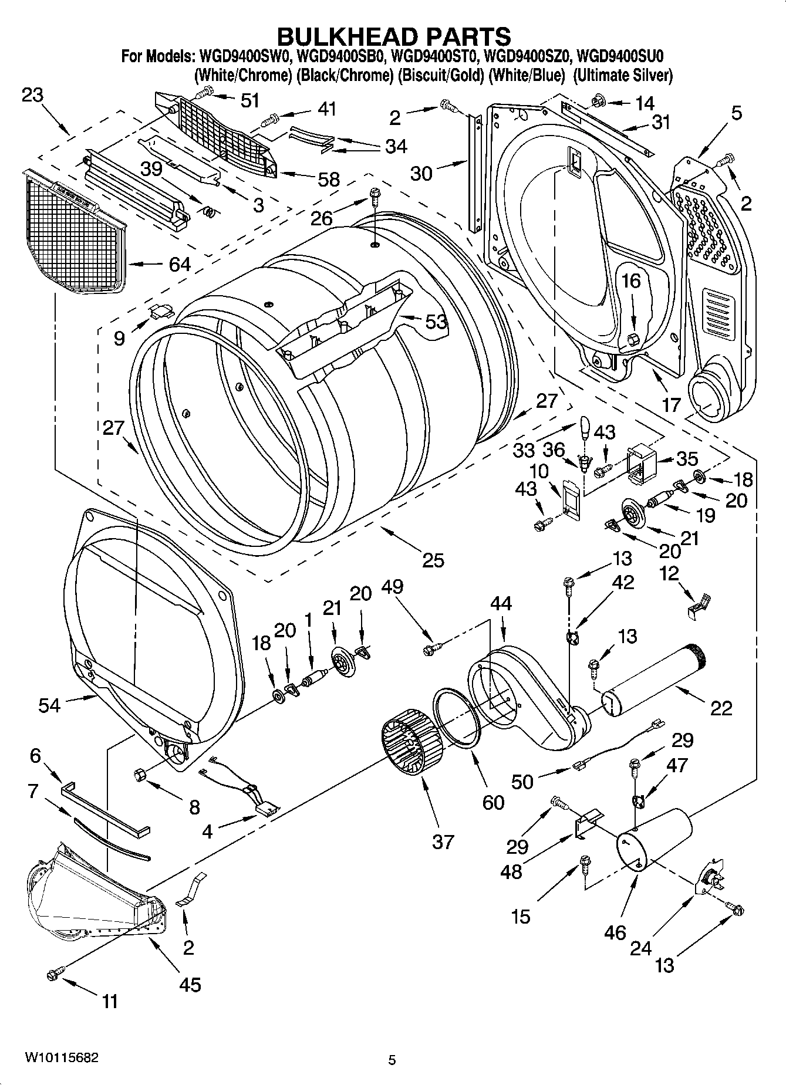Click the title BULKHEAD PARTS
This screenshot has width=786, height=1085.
click(x=393, y=36)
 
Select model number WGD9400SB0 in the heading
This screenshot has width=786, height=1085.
click(x=340, y=56)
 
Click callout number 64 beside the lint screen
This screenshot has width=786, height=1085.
click(x=180, y=265)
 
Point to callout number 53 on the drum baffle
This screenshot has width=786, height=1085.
click(x=436, y=322)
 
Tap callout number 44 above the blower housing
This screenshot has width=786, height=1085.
click(x=501, y=604)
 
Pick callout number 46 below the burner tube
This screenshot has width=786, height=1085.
click(x=615, y=932)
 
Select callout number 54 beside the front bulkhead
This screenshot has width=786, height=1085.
click(x=49, y=704)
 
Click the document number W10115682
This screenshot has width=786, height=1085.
click(x=61, y=1058)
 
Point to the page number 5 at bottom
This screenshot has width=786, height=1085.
click(x=392, y=1060)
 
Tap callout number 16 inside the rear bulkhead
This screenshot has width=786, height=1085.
click(x=632, y=281)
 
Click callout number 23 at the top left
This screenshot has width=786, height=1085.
click(x=33, y=94)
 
